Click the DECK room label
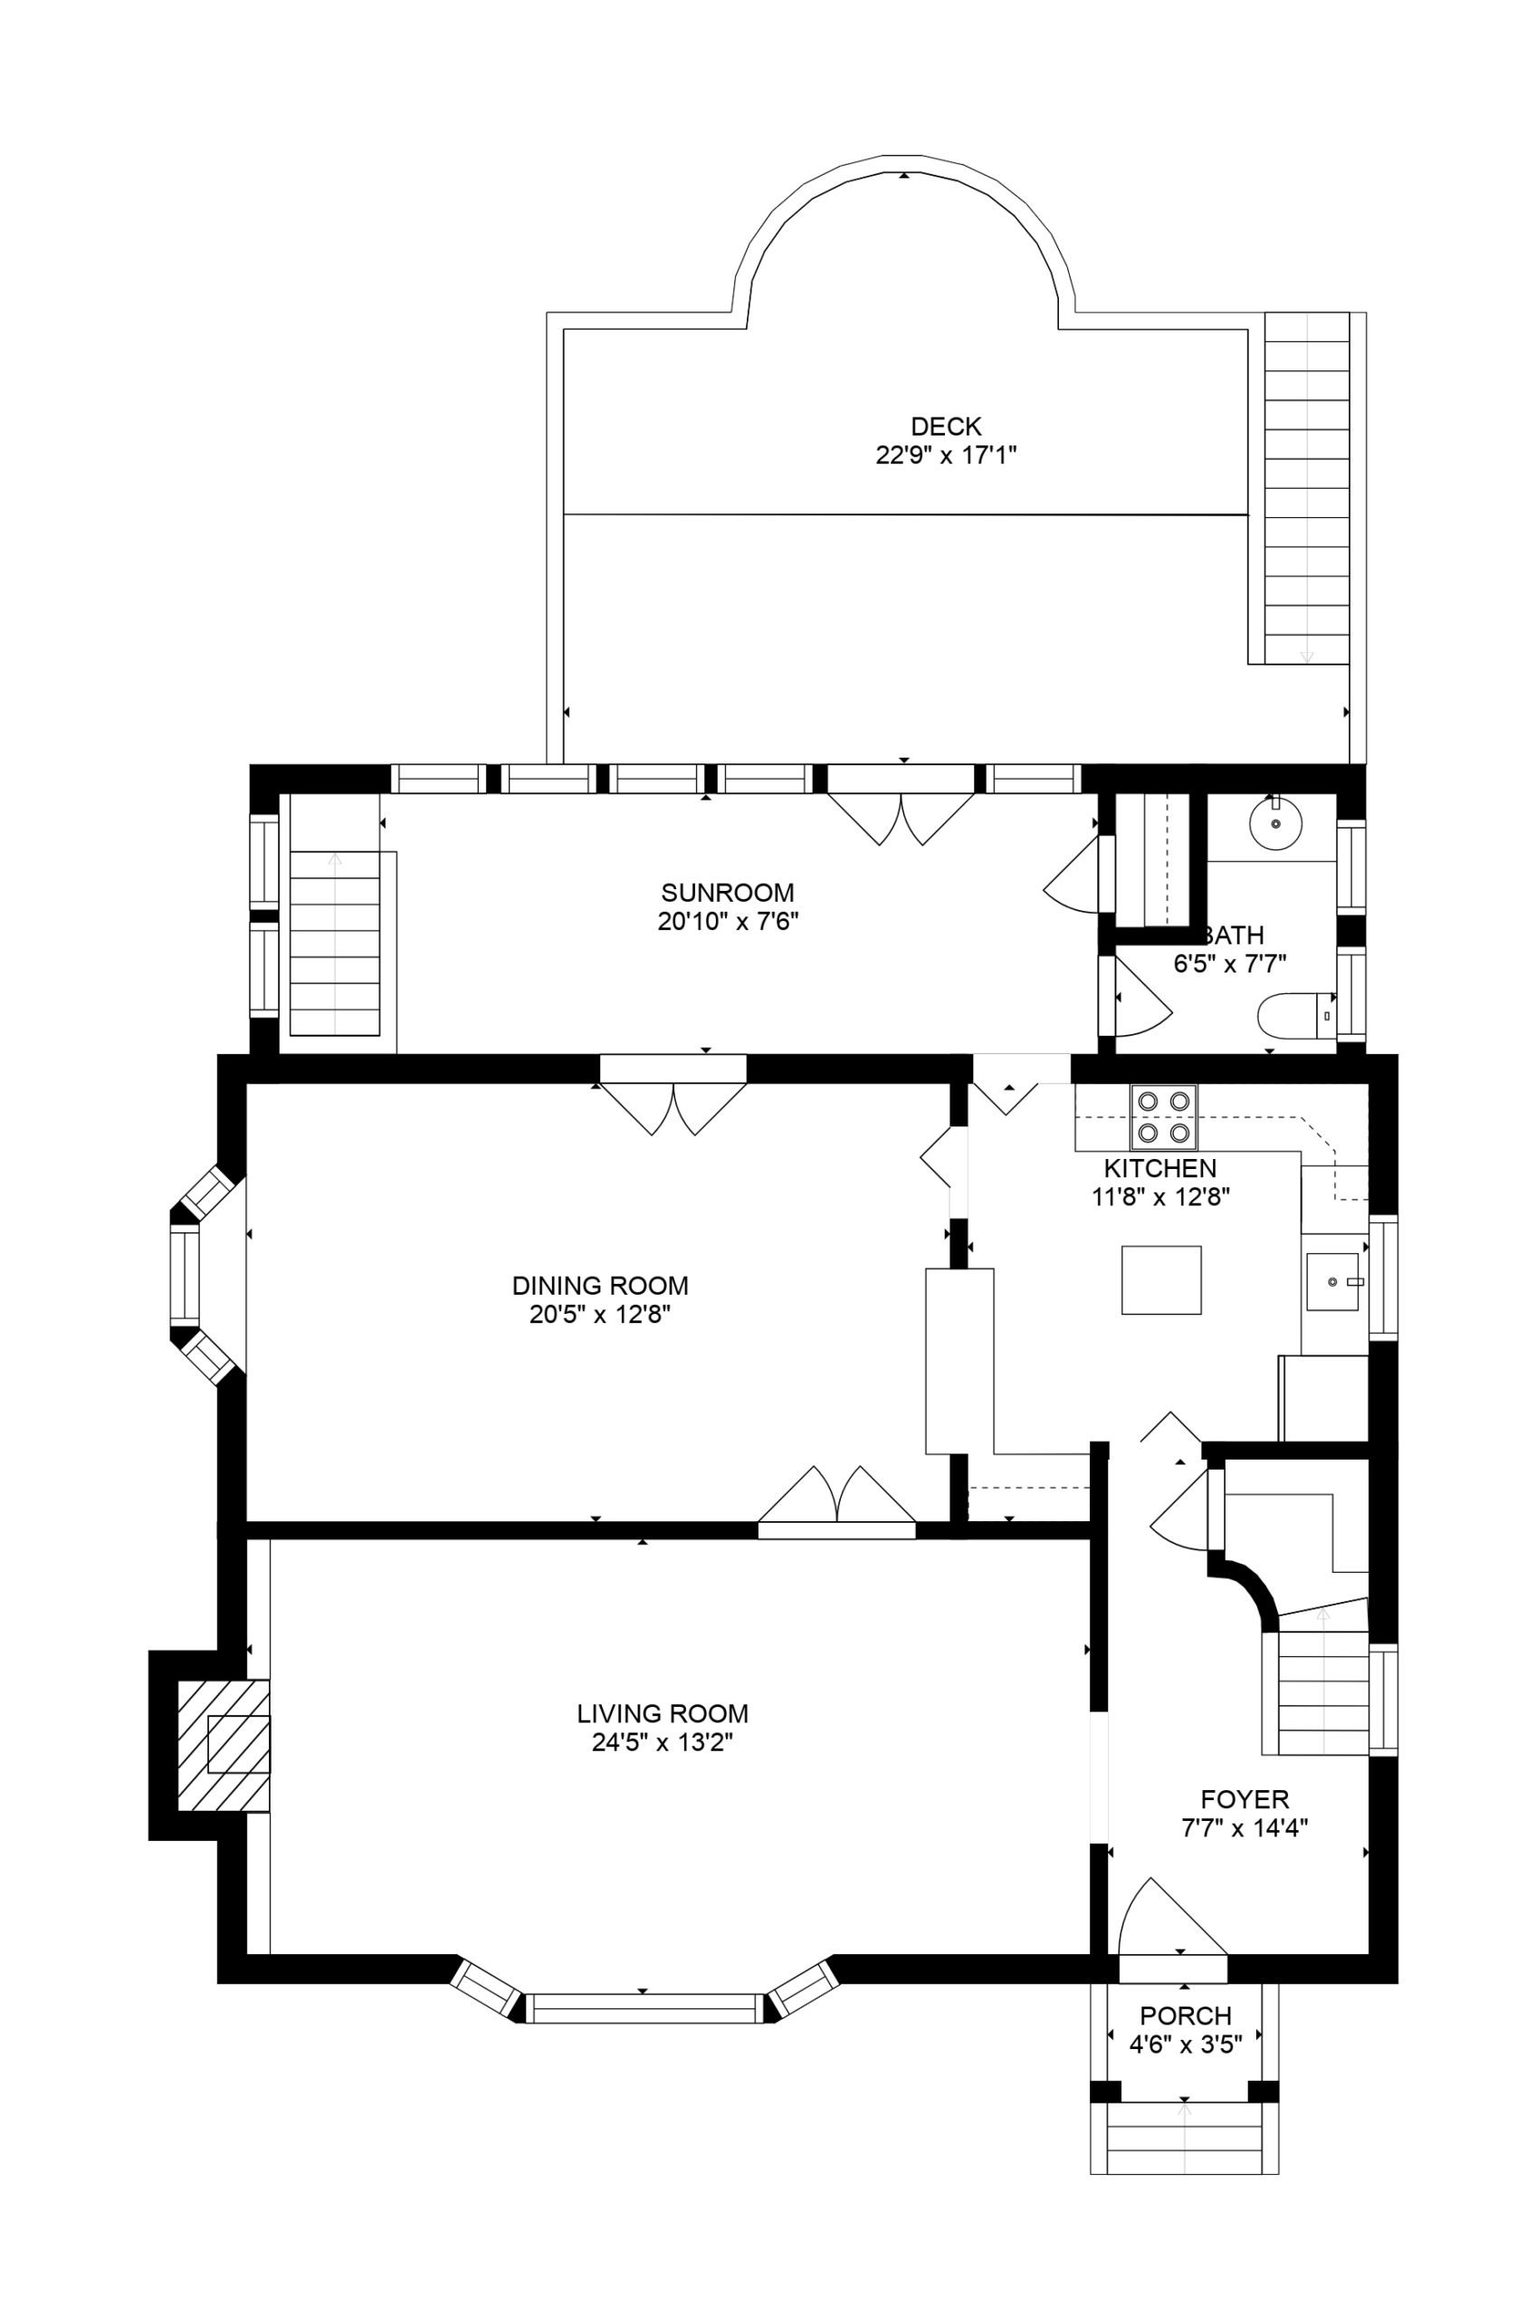(945, 426)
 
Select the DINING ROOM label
(599, 1286)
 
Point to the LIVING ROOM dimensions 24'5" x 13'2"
(663, 1742)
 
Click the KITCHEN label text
(1159, 1168)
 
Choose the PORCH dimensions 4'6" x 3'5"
(1186, 2045)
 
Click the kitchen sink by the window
(1333, 1281)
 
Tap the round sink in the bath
(1275, 823)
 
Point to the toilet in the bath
(1296, 1016)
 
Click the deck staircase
(1307, 488)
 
